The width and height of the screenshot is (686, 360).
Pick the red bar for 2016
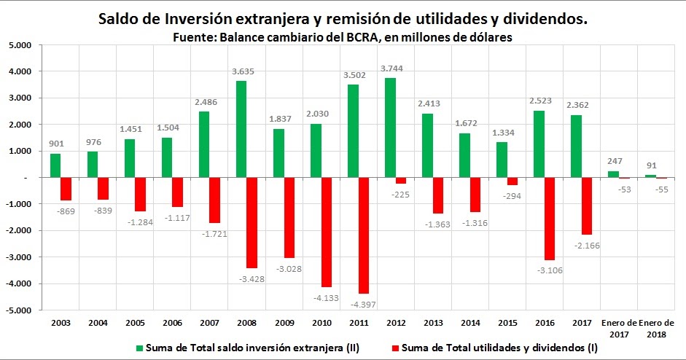point(550,219)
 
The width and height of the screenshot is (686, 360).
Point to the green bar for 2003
point(55,165)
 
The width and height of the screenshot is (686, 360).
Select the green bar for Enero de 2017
point(613,174)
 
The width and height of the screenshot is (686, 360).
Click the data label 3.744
point(392,69)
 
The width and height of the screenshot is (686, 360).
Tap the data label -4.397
point(363,303)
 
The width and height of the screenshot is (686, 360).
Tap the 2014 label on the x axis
point(471,322)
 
